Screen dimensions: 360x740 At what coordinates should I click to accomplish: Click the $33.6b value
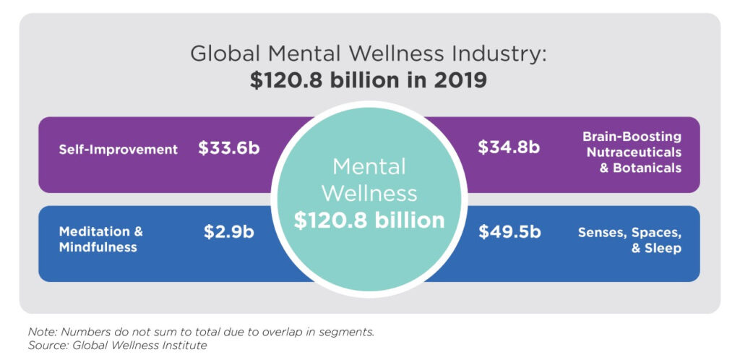point(228,149)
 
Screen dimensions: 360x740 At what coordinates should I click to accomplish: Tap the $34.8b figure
point(509,147)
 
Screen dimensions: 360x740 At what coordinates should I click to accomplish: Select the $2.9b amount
point(228,233)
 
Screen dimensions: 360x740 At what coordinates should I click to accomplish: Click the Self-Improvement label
point(119,150)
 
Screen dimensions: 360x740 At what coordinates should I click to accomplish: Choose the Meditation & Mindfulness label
point(101,239)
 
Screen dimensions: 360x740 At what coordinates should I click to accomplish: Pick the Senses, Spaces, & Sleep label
point(629,240)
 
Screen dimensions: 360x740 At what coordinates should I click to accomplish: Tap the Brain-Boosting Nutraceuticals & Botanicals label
point(634,152)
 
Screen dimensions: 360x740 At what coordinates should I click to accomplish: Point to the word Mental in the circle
point(369,166)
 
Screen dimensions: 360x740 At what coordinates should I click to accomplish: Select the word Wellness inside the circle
point(369,193)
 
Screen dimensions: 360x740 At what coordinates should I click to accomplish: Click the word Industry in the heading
point(499,53)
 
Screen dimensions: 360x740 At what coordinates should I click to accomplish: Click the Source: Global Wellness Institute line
point(117,346)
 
